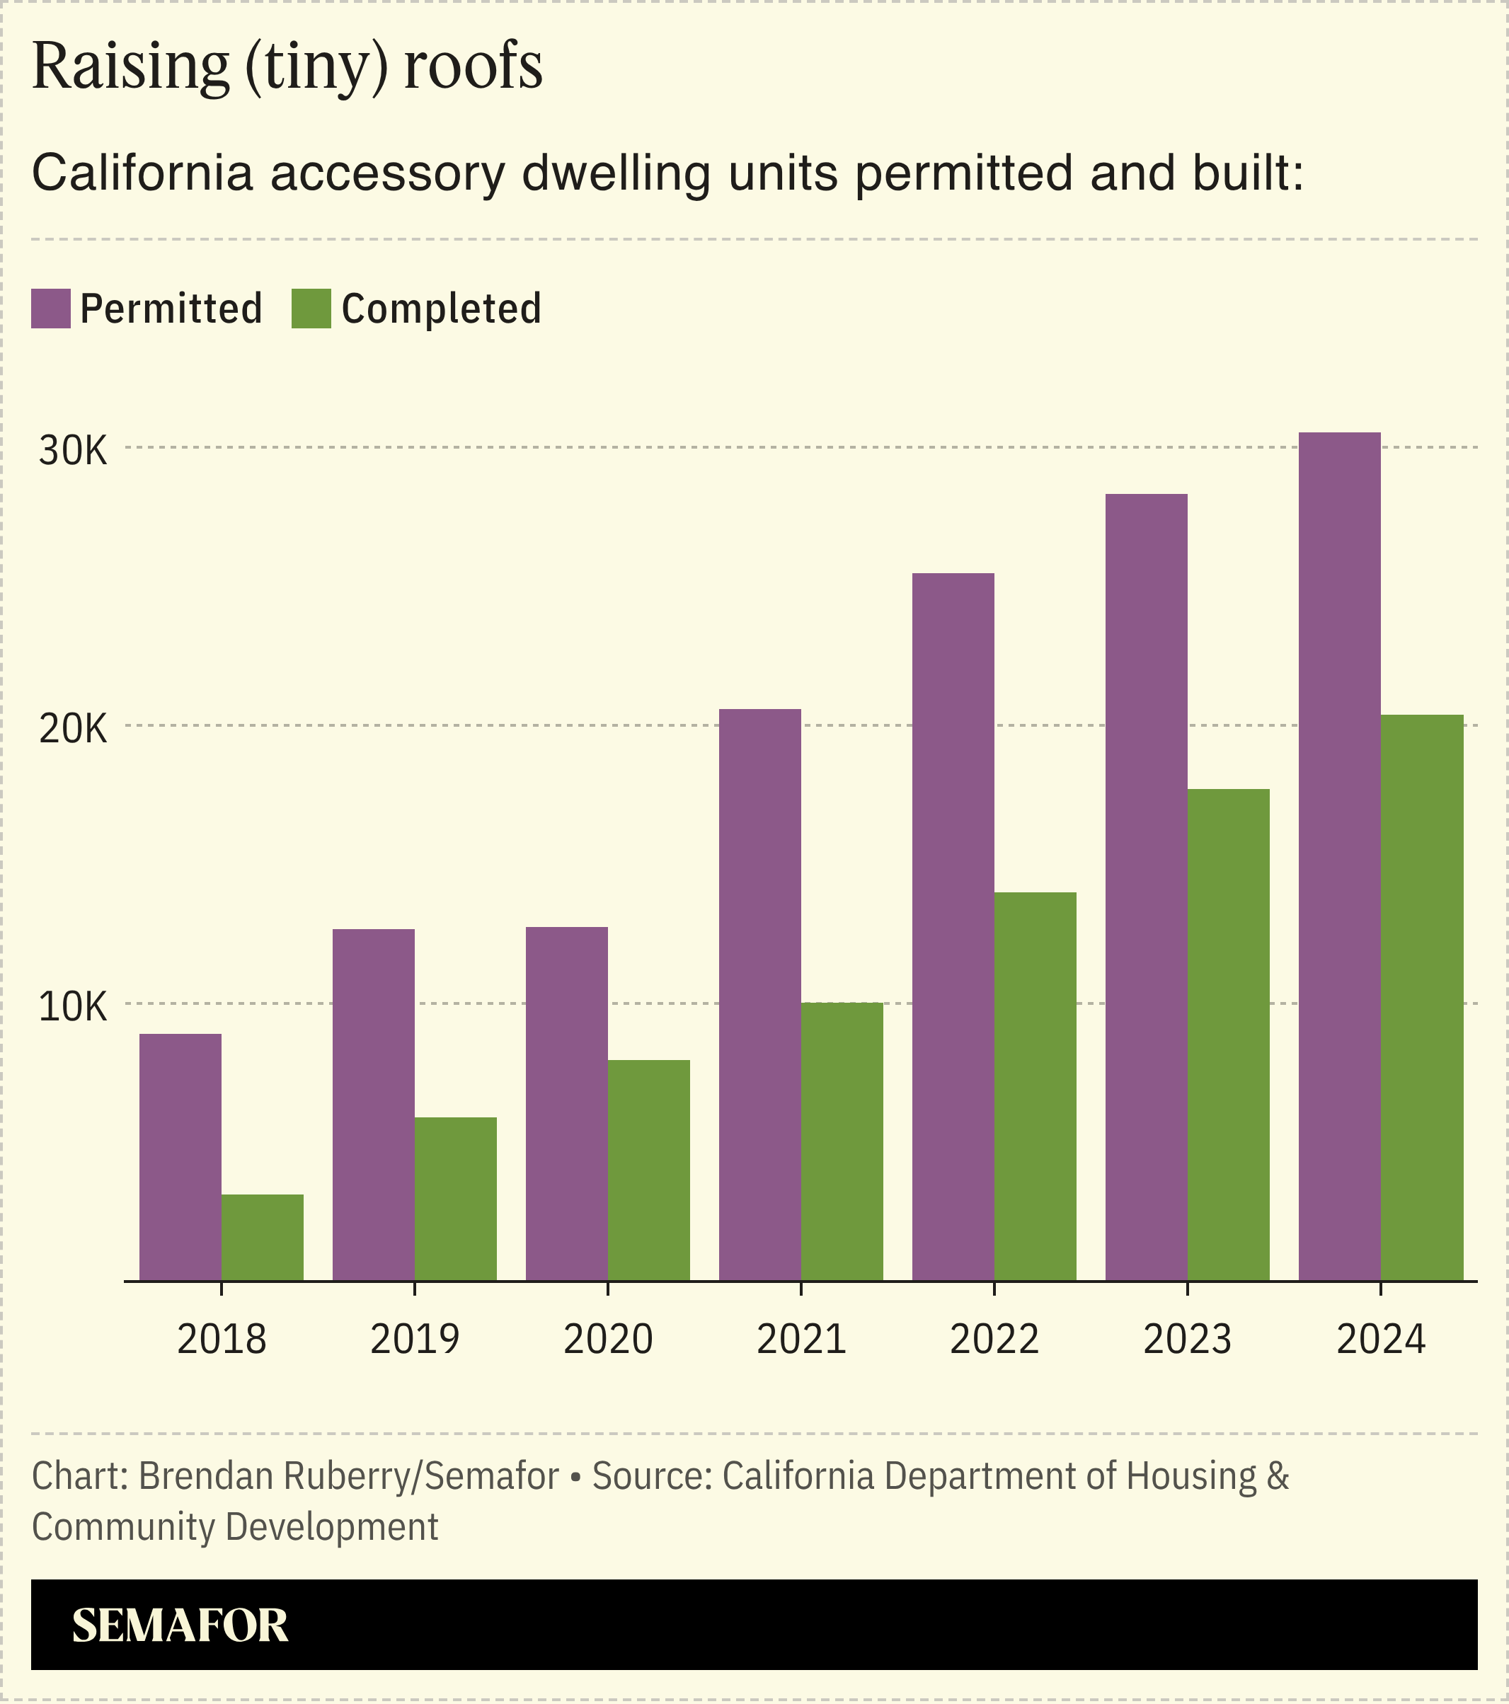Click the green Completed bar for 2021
coord(842,1141)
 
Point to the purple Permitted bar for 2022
coord(953,926)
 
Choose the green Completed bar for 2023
coord(1229,1034)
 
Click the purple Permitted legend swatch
coord(51,309)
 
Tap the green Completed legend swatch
coord(311,309)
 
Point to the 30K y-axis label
coord(74,451)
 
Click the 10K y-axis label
coord(74,1007)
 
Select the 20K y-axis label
coord(74,729)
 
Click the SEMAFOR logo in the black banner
coord(180,1625)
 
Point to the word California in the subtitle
coord(142,173)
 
